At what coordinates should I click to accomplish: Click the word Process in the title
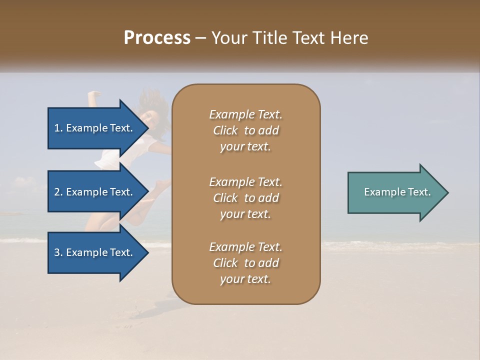157,38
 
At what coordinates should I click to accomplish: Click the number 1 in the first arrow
57,128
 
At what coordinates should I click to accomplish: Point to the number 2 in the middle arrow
57,192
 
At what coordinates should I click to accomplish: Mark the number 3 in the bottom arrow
57,252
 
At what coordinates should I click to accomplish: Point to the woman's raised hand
93,93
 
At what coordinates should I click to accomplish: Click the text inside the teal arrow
397,192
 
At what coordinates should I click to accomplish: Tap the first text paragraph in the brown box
245,130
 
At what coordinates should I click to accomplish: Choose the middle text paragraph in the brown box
245,198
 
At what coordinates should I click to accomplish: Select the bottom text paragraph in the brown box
245,263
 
